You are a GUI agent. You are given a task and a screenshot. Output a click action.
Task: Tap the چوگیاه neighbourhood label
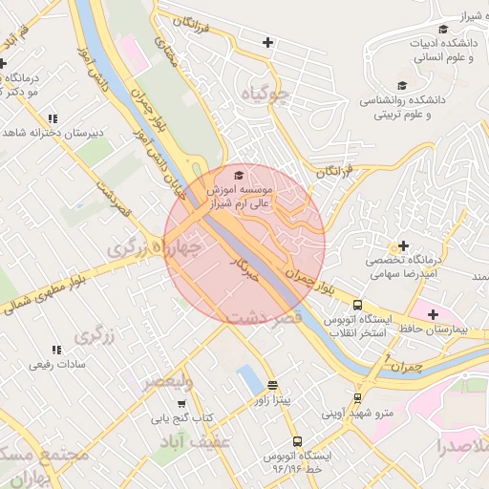[264, 95]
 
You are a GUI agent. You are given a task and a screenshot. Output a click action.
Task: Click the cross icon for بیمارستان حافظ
[433, 313]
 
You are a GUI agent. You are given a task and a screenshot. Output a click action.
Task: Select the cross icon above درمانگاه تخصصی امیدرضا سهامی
[403, 246]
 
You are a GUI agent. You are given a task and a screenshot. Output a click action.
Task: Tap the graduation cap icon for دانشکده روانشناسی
[401, 86]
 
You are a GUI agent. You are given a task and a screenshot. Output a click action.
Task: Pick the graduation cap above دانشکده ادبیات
[441, 30]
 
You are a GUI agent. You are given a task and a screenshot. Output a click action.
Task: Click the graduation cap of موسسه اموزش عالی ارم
[238, 175]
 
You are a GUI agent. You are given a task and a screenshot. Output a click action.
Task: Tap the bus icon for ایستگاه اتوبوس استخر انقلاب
[357, 306]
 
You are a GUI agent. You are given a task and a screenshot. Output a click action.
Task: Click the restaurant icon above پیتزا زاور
[274, 386]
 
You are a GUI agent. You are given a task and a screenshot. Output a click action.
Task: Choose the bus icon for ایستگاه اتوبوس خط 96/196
[297, 442]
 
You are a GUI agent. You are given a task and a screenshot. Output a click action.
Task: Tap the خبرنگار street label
[244, 266]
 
